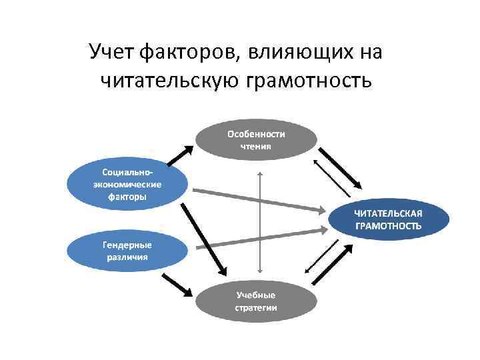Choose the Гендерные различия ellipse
[x=126, y=250]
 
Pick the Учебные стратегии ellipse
[x=255, y=301]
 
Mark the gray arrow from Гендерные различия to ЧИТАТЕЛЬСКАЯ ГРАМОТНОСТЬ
[x=260, y=238]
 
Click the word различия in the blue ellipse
[x=127, y=257]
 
